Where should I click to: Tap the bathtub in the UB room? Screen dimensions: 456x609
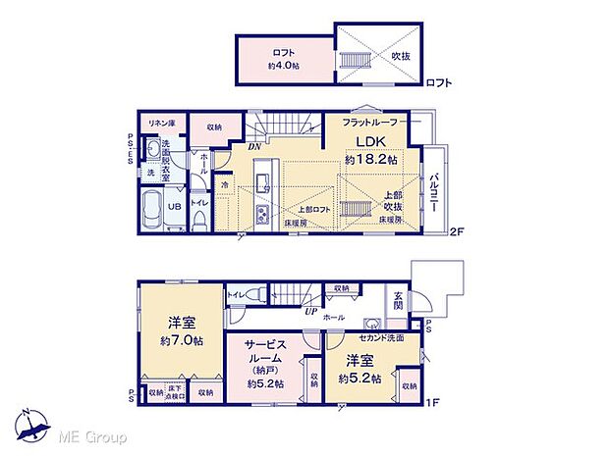click(150, 207)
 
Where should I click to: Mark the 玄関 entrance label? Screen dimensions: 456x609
click(399, 303)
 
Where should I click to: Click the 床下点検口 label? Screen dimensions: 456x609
click(176, 391)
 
